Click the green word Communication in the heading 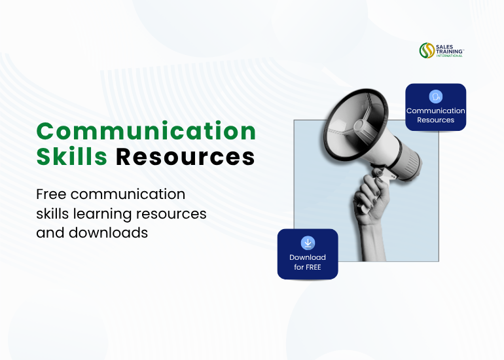[146, 132]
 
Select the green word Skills [72, 156]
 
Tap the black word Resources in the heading [185, 157]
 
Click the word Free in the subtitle [51, 194]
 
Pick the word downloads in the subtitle [108, 233]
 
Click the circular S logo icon [427, 50]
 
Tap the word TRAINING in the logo [450, 51]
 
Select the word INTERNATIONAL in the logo [450, 56]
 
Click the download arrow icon [308, 243]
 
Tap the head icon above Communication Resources [435, 96]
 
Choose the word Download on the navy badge [308, 257]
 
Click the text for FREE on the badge [308, 267]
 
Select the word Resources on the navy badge [435, 120]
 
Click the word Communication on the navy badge [435, 111]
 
